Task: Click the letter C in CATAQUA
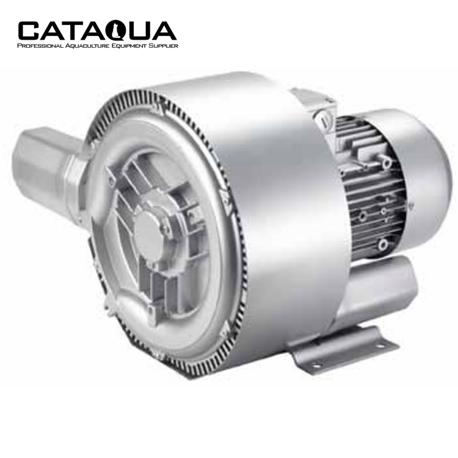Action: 29,31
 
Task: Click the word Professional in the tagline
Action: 40,46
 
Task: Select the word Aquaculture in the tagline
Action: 87,46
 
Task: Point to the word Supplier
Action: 164,46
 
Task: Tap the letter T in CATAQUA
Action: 73,31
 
